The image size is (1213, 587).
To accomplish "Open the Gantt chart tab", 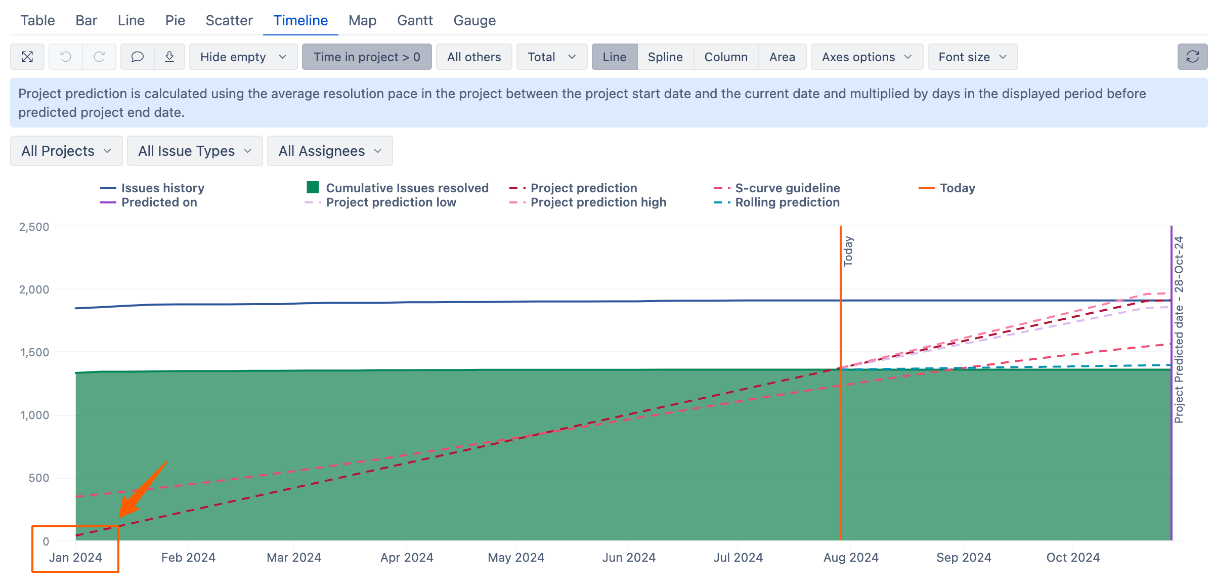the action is tap(415, 21).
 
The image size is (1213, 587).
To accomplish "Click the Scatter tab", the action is tap(229, 21).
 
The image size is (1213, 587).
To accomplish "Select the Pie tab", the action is tap(175, 21).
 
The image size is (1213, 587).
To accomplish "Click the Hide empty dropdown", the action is tap(243, 57).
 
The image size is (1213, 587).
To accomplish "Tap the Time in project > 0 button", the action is tap(367, 57).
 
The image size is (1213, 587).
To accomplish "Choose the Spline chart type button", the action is tap(665, 57).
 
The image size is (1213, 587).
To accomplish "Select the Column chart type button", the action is tap(726, 57).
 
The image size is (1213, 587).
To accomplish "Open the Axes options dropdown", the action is tap(867, 57).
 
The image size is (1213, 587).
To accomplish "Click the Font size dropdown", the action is tap(972, 57).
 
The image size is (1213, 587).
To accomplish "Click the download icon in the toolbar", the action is tap(169, 57).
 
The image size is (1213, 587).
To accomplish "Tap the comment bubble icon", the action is tap(137, 57).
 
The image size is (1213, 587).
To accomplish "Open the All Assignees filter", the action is tap(330, 151).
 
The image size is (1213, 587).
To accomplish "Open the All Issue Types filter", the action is tap(195, 151).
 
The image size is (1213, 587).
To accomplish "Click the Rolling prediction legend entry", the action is tap(776, 202).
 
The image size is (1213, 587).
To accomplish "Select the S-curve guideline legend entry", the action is tap(776, 188).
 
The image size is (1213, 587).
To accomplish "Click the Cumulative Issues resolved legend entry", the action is tap(398, 188).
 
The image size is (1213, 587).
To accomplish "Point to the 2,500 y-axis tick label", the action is tap(34, 227).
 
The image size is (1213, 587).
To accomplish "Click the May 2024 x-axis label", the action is tap(516, 558).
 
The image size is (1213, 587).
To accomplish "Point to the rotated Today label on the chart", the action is tap(848, 251).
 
